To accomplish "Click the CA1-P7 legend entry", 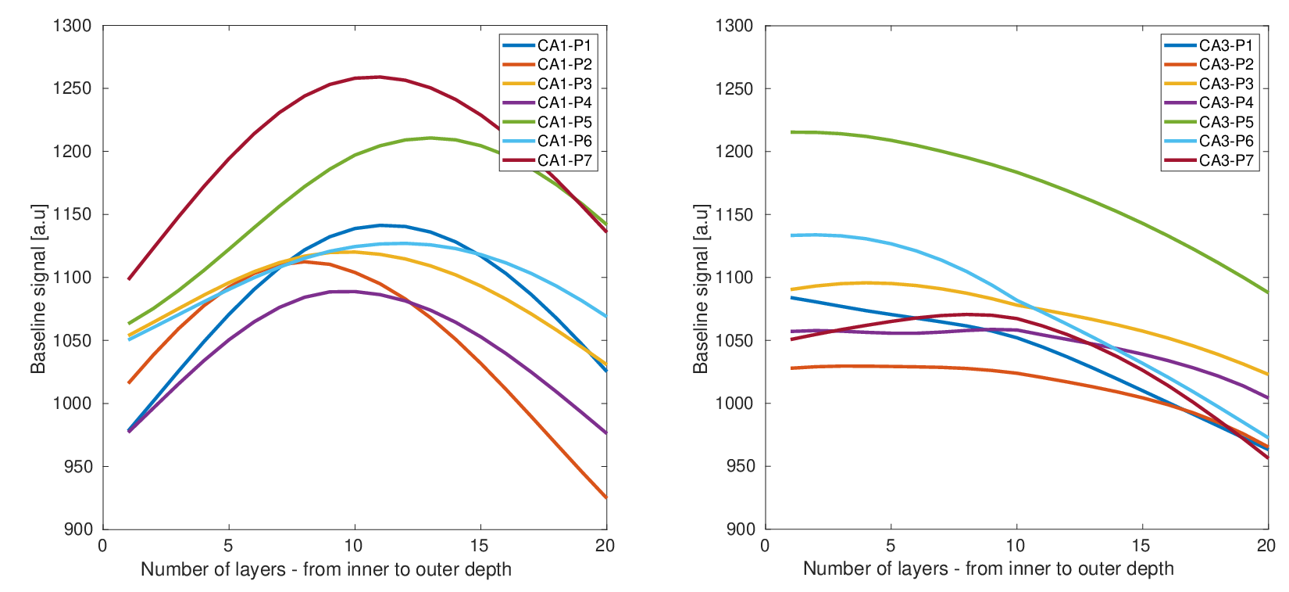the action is coord(548,160).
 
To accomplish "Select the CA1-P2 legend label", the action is coord(565,64).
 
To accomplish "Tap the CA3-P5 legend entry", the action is coord(1209,122).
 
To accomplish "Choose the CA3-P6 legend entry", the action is coord(1209,141).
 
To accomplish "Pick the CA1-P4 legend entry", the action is coord(548,102).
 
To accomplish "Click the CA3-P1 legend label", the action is coord(1227,45).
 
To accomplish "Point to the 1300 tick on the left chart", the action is coord(72,26).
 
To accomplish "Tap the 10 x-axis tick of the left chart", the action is coord(354,546).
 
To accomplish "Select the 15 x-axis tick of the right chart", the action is coord(1141,546).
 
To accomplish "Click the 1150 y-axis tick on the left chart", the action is coord(72,215).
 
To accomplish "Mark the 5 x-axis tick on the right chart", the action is coord(891,546).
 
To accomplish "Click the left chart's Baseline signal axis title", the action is coord(38,289).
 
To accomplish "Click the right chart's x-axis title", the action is coord(988,569).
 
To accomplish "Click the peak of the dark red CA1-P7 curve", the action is coord(379,77).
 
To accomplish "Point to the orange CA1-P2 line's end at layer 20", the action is coord(606,497).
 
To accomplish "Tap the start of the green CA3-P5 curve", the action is coord(791,132).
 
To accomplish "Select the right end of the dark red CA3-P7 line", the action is coord(1268,458).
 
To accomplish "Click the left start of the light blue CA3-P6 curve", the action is coord(791,235).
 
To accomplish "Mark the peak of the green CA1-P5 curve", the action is coord(430,138).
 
